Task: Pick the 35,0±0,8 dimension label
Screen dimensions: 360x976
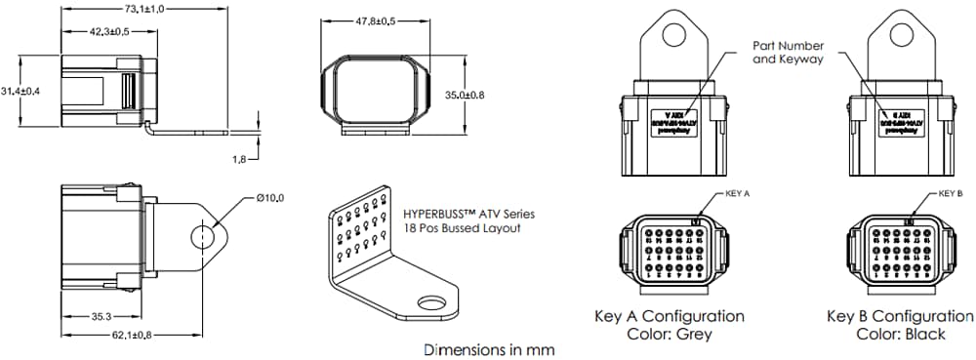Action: [465, 95]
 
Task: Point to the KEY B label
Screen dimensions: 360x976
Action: [951, 194]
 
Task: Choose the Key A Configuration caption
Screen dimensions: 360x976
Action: [670, 317]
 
